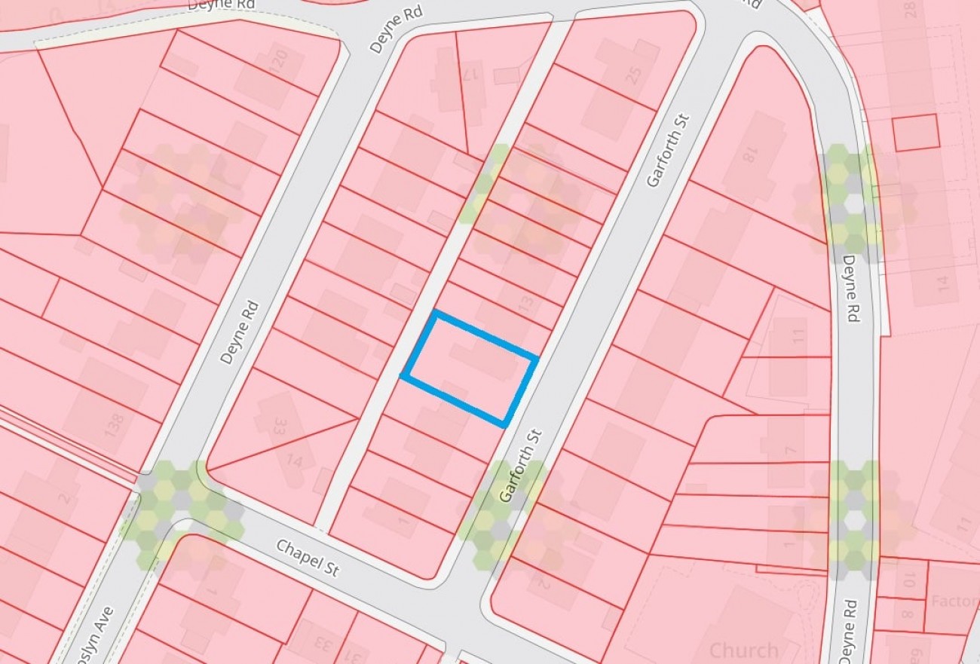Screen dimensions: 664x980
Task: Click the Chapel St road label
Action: coord(308,558)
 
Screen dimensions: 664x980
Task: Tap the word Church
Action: coord(744,650)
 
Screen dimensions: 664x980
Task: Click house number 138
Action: coord(113,424)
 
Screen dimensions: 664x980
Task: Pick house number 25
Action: coord(632,75)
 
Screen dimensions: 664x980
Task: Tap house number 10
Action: coord(909,580)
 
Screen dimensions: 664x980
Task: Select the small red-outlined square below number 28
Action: coord(915,132)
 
